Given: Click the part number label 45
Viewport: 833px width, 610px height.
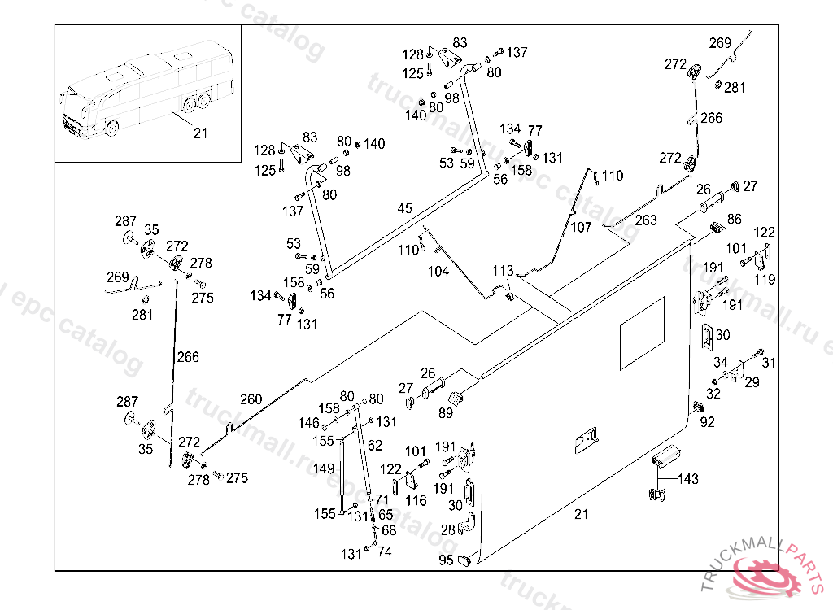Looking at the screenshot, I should click(x=405, y=209).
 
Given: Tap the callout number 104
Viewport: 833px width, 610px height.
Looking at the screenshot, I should click(x=438, y=272).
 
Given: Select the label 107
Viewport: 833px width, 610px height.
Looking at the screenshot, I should click(x=581, y=228).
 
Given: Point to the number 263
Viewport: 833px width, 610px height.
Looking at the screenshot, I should click(x=646, y=220).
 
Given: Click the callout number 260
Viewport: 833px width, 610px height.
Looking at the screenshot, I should click(x=251, y=399).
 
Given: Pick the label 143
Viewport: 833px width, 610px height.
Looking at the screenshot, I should click(x=688, y=479).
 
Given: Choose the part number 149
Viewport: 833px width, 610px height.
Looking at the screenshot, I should click(x=324, y=468).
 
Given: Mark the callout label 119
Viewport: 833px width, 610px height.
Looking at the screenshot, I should click(x=764, y=281).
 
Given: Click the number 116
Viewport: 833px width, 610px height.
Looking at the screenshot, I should click(x=416, y=501).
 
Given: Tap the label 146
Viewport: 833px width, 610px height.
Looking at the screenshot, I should click(x=309, y=423).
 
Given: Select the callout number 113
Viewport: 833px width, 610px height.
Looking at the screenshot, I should click(x=503, y=271).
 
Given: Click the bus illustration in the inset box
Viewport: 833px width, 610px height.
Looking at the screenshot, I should click(x=146, y=94).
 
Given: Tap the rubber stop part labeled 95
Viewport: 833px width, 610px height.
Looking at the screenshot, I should click(x=466, y=560).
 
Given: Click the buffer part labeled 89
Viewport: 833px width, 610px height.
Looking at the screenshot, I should click(x=456, y=399).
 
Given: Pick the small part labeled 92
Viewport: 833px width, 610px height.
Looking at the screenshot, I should click(x=698, y=407).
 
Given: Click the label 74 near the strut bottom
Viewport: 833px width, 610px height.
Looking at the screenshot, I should click(x=385, y=551).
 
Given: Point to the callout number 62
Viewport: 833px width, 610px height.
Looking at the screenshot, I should click(x=374, y=446).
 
